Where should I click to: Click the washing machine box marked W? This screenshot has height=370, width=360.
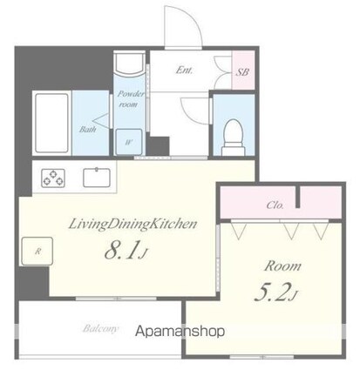tap(129, 139)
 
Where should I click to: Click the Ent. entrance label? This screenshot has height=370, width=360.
tap(185, 70)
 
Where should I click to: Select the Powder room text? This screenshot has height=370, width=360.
tap(129, 97)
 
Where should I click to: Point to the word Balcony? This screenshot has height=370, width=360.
tap(102, 330)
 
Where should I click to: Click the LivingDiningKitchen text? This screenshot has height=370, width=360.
tap(132, 224)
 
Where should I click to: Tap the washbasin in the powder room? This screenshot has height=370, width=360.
tap(129, 65)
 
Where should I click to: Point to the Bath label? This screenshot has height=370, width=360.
tap(89, 130)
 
